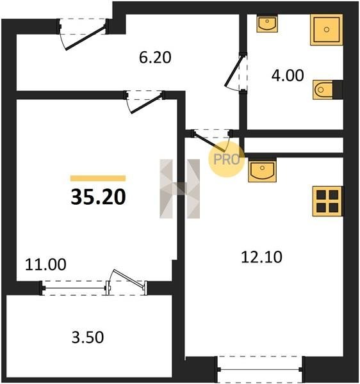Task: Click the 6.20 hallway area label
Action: point(155,58)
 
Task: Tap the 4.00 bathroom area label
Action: point(288,75)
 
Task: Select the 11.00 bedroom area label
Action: point(45,264)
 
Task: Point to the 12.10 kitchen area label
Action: point(261,257)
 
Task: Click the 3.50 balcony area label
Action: point(88,337)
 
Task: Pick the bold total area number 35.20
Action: point(98,197)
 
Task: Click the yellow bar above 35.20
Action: point(98,179)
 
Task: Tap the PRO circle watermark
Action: point(226,159)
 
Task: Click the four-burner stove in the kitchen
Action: point(327,202)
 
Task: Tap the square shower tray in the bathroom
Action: point(327,29)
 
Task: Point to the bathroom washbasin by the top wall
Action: point(267,24)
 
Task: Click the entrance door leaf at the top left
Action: point(86,38)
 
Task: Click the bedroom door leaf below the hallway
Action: point(147,104)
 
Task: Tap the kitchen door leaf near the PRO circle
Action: point(209,141)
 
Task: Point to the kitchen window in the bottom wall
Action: point(260,369)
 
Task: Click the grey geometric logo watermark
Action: point(179,189)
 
